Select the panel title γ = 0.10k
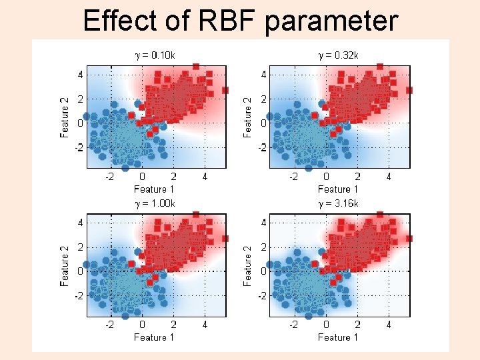click(155, 55)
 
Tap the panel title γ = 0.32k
click(338, 55)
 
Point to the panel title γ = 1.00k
click(155, 203)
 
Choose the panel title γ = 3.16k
click(338, 203)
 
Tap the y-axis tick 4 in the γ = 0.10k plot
click(81, 75)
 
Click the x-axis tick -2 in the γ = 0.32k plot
click(294, 177)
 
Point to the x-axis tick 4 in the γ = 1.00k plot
click(205, 325)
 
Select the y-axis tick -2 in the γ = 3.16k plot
click(263, 295)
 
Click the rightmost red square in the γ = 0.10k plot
click(225, 90)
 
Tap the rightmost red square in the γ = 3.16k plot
click(409, 238)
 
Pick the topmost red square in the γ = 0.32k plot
click(380, 66)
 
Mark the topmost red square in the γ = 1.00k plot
click(196, 214)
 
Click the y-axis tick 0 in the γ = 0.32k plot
click(265, 123)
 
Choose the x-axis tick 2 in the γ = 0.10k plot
click(173, 177)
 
